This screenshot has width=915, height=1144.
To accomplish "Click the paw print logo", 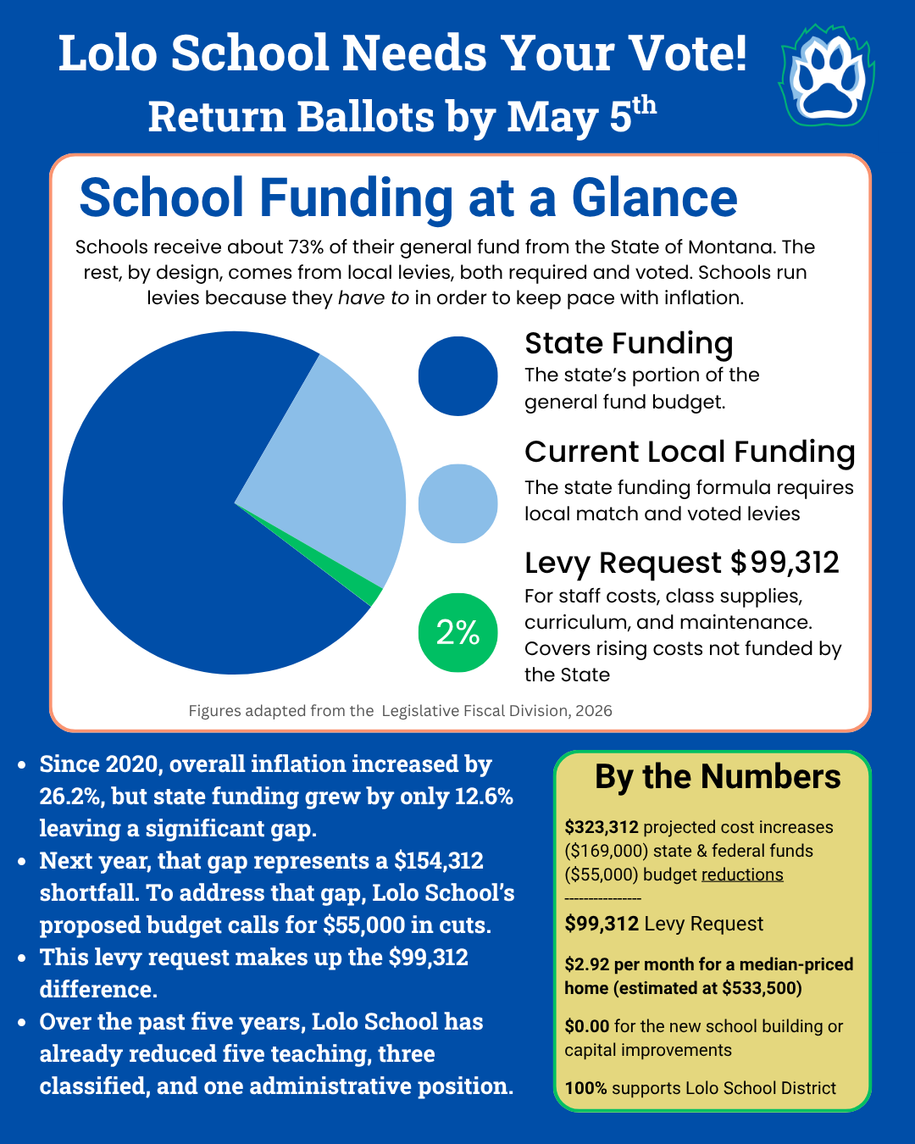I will [x=827, y=77].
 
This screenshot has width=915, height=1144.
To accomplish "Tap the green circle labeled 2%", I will [x=457, y=632].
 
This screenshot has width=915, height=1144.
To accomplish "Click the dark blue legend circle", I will [x=457, y=376].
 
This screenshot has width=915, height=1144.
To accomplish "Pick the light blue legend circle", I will [x=457, y=503].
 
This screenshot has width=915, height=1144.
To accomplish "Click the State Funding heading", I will [x=629, y=343].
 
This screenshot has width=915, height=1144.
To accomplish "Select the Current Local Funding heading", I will [x=690, y=452].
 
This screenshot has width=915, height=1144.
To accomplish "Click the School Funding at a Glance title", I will [x=408, y=198].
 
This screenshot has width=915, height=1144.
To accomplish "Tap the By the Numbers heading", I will [x=718, y=777].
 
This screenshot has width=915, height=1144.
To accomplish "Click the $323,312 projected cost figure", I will [x=602, y=827].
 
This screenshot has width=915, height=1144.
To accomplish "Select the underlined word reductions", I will [x=742, y=875].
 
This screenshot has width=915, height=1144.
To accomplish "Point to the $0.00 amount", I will [x=587, y=1026].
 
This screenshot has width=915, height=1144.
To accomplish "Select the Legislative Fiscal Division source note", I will [x=400, y=711].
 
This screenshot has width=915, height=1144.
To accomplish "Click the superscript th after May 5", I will [x=645, y=105].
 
